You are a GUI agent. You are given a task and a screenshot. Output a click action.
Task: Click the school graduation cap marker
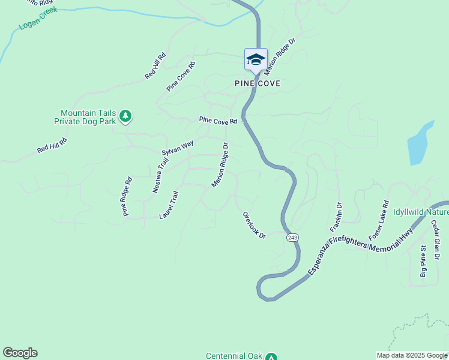pos(256,59)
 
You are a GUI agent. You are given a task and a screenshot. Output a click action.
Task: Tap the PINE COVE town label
pos(258,83)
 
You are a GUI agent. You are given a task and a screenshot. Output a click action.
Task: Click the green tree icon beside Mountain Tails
pos(125,116)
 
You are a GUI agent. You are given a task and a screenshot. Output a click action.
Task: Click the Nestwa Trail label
pos(160,176)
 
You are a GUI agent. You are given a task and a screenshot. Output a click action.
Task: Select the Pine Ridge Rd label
pos(127,196)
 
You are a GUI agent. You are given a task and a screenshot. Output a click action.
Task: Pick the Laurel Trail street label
pos(169,205)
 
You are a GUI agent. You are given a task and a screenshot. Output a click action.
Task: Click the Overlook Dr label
pos(254,225)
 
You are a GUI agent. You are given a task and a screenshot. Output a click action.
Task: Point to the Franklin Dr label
pos(336,217)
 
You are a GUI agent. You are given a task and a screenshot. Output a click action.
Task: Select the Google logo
pos(20,353)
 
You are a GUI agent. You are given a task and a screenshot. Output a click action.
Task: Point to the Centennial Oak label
pos(234,356)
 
